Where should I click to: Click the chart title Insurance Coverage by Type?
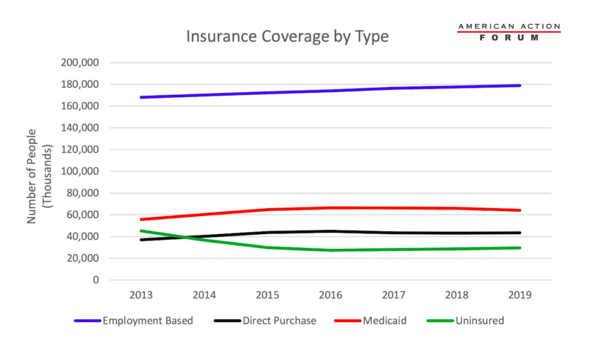(287, 37)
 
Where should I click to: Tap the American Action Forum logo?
(508, 32)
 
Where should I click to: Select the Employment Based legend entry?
(147, 321)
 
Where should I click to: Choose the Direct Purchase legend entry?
(279, 321)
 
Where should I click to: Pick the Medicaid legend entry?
(384, 321)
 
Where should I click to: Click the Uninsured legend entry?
(479, 321)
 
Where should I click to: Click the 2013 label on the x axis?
(141, 295)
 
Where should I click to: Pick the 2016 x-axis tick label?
(331, 295)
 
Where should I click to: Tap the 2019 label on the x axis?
(520, 295)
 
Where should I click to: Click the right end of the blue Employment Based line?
(520, 86)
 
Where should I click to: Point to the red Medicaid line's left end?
(141, 220)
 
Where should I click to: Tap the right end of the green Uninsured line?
(520, 248)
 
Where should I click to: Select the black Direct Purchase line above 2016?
(331, 231)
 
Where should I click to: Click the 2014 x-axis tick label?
(204, 295)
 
